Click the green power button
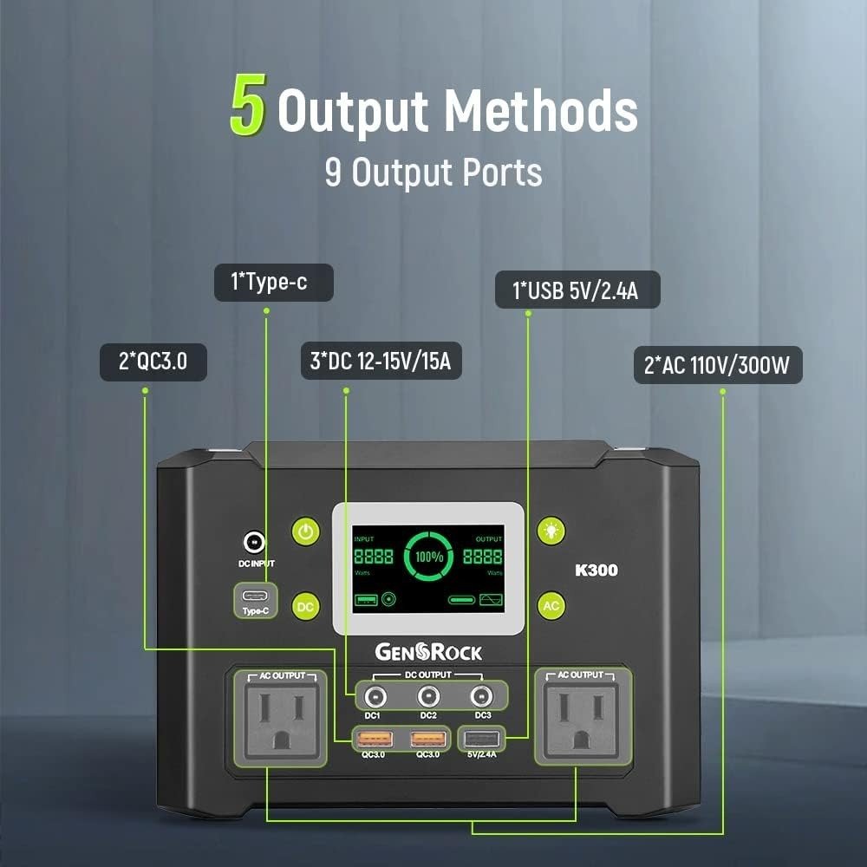click(306, 531)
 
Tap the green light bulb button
click(551, 531)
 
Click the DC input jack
click(254, 543)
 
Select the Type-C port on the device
click(255, 596)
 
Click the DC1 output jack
click(375, 697)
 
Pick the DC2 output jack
click(428, 697)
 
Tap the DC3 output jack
click(481, 697)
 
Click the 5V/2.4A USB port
click(481, 738)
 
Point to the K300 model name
click(596, 570)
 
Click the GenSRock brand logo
click(428, 652)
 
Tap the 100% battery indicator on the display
click(429, 557)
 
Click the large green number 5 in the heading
click(248, 105)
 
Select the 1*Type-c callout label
click(274, 283)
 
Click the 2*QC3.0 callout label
click(153, 362)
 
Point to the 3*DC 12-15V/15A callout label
click(381, 361)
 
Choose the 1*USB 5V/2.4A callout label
click(577, 290)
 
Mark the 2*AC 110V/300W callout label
click(718, 365)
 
